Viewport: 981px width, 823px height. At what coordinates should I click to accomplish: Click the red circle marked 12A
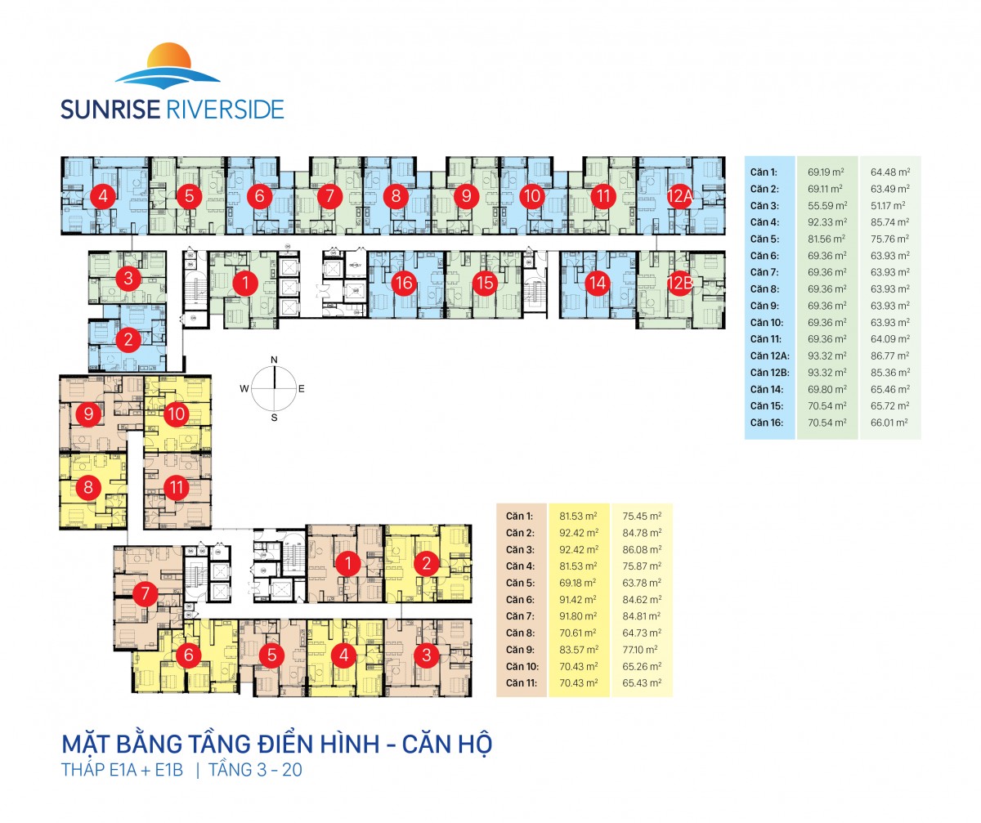[x=679, y=196]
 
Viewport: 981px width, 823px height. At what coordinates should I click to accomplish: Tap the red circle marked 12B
[x=679, y=284]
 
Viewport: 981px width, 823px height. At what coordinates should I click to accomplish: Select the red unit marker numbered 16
[x=403, y=284]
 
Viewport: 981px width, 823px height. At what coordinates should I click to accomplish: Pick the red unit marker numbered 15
[x=486, y=284]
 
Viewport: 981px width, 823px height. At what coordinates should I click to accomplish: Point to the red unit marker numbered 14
[x=598, y=284]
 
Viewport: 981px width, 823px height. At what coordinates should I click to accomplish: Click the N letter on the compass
[x=275, y=360]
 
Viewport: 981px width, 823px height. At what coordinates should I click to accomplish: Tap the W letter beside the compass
[x=244, y=389]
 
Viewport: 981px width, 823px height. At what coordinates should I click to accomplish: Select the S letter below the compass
[x=275, y=418]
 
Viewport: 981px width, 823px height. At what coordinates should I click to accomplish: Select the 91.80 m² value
[x=579, y=615]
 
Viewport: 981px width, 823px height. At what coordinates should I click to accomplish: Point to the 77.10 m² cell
[x=642, y=649]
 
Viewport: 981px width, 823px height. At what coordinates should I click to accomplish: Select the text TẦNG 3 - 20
[x=256, y=771]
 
